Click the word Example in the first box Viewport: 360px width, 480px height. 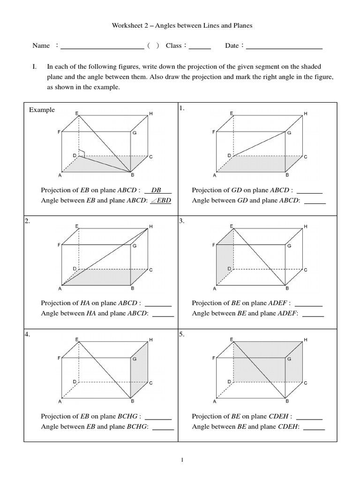click(42, 110)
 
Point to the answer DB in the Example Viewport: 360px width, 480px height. click(157, 190)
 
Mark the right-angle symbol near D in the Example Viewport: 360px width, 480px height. click(82, 152)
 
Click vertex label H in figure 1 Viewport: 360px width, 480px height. click(306, 114)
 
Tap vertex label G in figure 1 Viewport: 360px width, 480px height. click(289, 133)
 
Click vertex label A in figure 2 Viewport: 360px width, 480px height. click(60, 289)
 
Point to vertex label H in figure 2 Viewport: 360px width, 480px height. click(151, 227)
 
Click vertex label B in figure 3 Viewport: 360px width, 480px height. click(287, 289)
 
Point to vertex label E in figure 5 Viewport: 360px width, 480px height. click(232, 339)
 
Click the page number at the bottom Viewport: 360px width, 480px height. click(182, 460)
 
